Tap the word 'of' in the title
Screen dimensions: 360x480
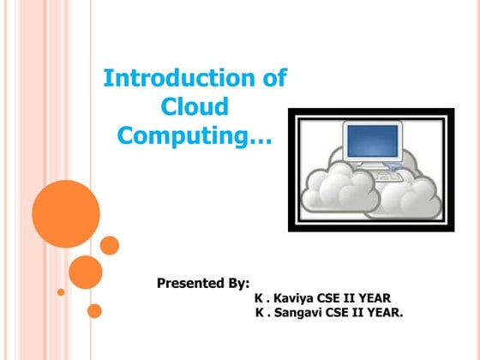pos(273,80)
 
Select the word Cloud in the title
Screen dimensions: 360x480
pos(195,107)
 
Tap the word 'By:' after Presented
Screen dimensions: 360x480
pos(235,282)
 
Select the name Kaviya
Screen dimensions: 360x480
pos(293,297)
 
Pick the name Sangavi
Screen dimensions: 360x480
pos(298,313)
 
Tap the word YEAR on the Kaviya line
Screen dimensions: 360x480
pos(375,297)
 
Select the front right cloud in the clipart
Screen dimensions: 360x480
pos(410,197)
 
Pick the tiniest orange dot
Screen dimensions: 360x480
pos(61,291)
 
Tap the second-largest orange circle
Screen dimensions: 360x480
pos(86,272)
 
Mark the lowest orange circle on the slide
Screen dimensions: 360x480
pos(94,310)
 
